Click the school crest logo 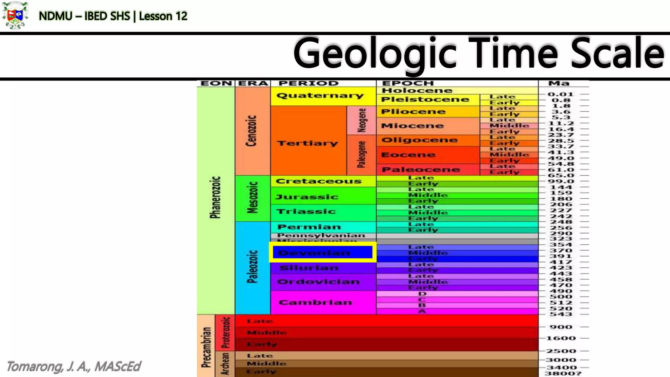click(15, 15)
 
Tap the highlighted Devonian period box click(322, 253)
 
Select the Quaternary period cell click(320, 96)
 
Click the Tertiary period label click(307, 143)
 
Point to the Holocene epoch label click(417, 91)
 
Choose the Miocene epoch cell click(412, 126)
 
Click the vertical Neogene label click(361, 120)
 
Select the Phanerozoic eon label click(215, 197)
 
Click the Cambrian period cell click(315, 302)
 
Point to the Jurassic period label click(307, 197)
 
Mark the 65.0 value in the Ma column click(561, 176)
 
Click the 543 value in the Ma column click(561, 314)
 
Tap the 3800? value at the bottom click(563, 373)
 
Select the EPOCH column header click(408, 83)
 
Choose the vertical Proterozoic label click(225, 332)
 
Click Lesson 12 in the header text click(163, 16)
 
